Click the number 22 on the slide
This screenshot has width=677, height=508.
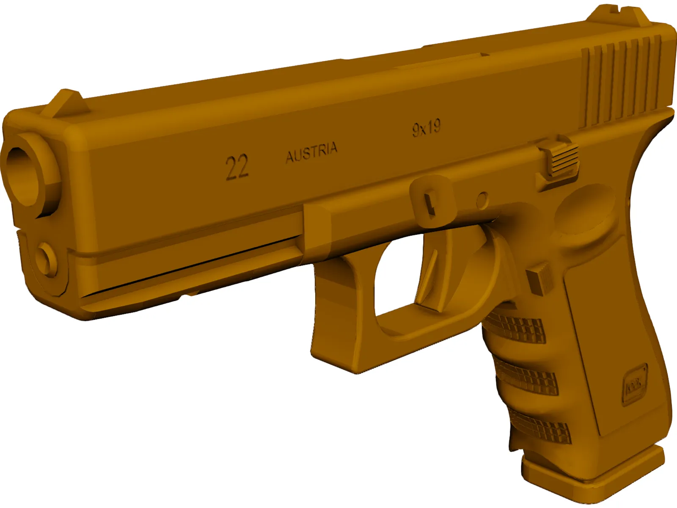tap(237, 167)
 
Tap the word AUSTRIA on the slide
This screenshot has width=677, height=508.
tap(311, 152)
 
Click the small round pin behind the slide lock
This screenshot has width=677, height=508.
tap(482, 199)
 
